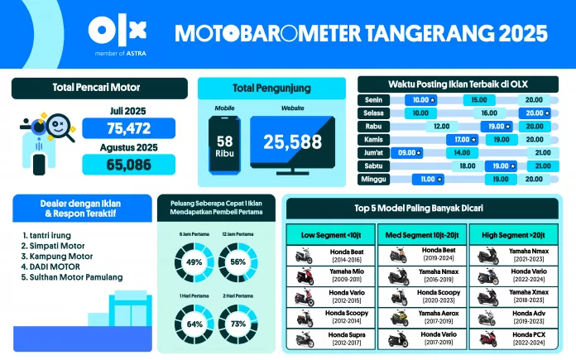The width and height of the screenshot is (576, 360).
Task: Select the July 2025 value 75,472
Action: (x=127, y=127)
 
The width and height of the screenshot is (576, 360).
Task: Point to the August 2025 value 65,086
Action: (x=127, y=164)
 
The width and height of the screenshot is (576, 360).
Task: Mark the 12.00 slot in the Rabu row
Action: (x=441, y=126)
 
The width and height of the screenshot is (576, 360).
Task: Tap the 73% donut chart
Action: (x=240, y=324)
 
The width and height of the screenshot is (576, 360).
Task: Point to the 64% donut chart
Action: (x=194, y=324)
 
